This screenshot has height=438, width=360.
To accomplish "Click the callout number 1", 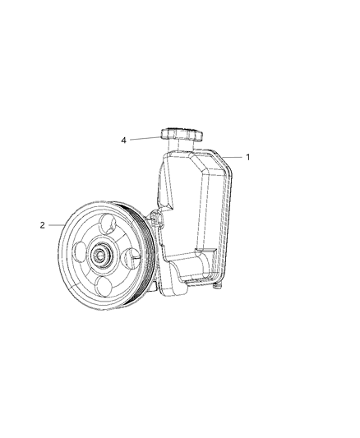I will [x=247, y=156].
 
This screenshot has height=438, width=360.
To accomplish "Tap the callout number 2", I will [x=42, y=224].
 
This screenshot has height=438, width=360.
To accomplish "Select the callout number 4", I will [x=123, y=141].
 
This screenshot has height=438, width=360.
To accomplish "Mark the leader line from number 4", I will [x=144, y=139].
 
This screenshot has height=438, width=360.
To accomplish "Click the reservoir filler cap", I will [x=178, y=135].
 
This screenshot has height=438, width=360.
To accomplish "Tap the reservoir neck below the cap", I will [x=177, y=149].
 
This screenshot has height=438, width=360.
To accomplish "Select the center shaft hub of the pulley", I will [x=102, y=254].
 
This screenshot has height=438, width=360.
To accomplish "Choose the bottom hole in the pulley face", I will [x=104, y=286].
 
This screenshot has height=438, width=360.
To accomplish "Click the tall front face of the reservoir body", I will [x=185, y=205].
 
